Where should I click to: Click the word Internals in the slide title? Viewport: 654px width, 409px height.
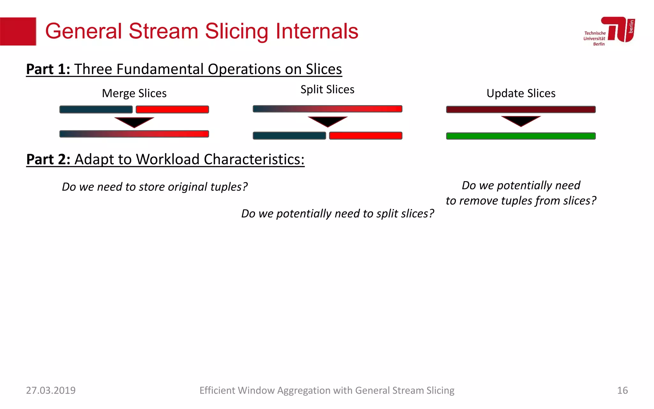tap(316, 31)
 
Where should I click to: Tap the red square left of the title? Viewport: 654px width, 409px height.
tap(18, 31)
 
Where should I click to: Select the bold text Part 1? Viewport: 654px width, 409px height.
tap(48, 69)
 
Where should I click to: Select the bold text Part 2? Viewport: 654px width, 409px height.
tap(48, 159)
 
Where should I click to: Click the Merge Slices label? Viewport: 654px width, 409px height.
tap(134, 93)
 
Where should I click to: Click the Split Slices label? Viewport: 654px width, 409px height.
tap(327, 89)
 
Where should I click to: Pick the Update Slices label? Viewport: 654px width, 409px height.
tap(521, 93)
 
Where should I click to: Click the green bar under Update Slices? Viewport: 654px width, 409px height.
tap(521, 136)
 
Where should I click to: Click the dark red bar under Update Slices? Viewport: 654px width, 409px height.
tap(521, 110)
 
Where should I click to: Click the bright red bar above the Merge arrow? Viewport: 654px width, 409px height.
tap(172, 110)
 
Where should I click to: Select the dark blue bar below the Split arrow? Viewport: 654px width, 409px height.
tap(289, 136)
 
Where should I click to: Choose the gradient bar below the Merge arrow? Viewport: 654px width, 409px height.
tap(134, 134)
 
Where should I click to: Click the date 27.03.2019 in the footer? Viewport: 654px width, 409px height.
tap(50, 390)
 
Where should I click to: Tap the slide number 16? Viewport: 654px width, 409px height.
tap(622, 390)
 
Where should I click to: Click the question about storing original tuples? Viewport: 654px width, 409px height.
tap(155, 187)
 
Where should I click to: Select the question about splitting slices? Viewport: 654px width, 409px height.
tap(338, 213)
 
